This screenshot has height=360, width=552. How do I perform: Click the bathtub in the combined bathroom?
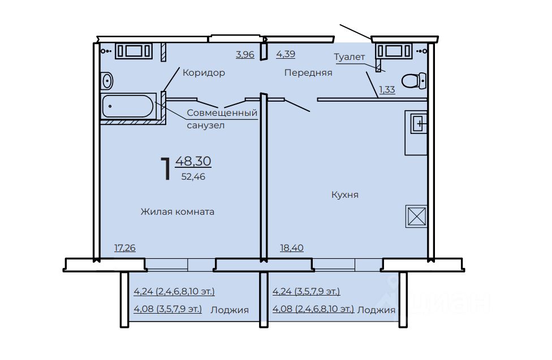click(128, 106)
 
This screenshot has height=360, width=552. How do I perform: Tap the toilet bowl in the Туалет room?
click(414, 81)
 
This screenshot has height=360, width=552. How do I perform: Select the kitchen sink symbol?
click(419, 124)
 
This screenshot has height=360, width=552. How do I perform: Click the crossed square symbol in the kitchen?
click(416, 216)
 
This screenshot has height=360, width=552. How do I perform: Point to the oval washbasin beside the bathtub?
click(107, 81)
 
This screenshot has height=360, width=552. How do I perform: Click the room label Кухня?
click(345, 194)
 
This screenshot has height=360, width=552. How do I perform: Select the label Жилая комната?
click(178, 211)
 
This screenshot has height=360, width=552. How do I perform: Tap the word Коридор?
click(204, 72)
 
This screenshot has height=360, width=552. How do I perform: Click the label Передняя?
click(308, 72)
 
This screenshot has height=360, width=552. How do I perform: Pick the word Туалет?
click(350, 57)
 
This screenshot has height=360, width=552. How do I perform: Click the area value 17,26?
click(125, 248)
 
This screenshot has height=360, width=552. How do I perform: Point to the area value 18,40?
click(292, 248)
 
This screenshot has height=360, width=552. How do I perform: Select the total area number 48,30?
click(193, 161)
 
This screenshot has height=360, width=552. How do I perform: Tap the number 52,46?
click(193, 177)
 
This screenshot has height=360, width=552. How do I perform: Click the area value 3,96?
click(245, 54)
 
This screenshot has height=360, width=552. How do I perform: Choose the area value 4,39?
click(286, 54)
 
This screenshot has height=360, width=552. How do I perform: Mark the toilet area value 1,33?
click(387, 89)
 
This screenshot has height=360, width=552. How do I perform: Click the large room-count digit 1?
click(166, 169)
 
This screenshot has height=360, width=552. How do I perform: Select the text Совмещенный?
click(222, 113)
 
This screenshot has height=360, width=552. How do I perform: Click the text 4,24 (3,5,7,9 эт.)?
click(307, 292)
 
